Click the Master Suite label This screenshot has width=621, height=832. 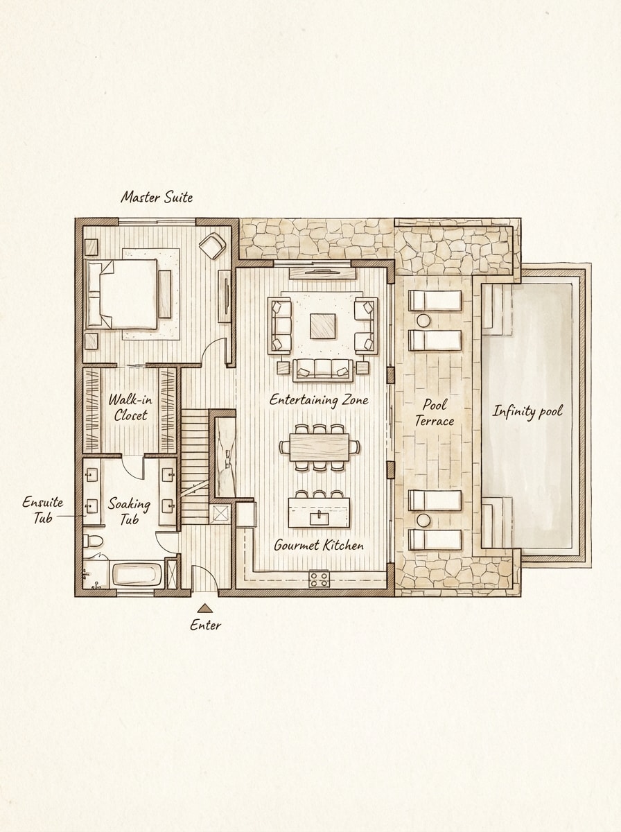(x=157, y=197)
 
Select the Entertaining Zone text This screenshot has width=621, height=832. (x=319, y=400)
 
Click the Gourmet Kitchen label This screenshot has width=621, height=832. (x=319, y=545)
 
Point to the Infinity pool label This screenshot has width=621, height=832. (x=527, y=411)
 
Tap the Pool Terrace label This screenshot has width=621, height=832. (x=438, y=413)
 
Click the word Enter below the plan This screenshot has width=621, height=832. (x=206, y=625)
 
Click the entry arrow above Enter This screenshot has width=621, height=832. (x=205, y=608)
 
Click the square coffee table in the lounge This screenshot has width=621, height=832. (x=322, y=325)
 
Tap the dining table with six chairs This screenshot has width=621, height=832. (x=320, y=447)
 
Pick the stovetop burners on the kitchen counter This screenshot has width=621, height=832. (x=319, y=579)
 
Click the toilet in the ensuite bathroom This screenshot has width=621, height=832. (x=93, y=541)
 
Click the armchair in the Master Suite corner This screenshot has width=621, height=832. (x=212, y=245)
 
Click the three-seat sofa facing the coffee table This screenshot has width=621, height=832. (x=323, y=369)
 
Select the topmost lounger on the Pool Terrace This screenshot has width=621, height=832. (x=435, y=300)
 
